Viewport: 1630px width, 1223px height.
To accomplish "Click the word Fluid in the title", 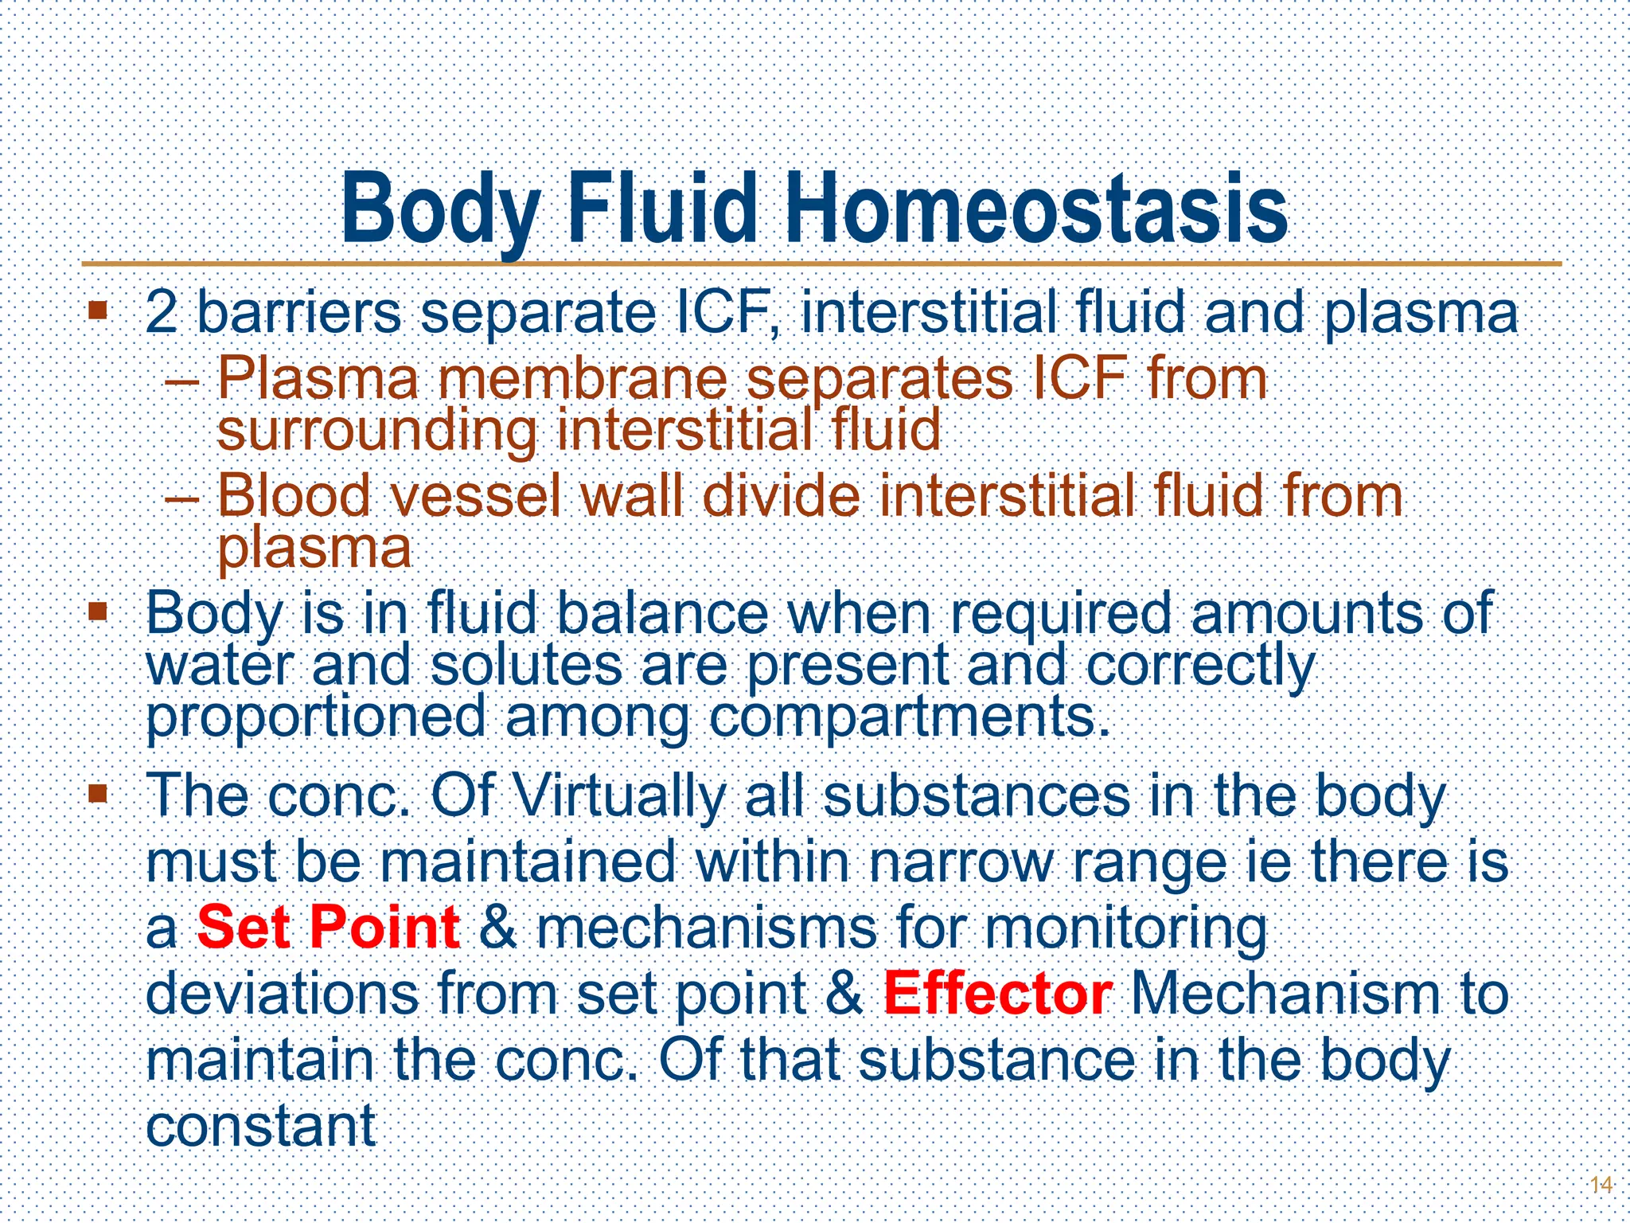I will click(x=661, y=209).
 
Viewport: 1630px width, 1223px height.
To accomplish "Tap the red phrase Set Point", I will click(x=328, y=928).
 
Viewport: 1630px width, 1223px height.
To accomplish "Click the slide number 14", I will click(x=1601, y=1185).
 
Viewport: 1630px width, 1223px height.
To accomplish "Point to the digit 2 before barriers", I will click(x=162, y=312).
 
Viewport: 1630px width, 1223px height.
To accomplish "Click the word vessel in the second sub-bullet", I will click(x=476, y=496).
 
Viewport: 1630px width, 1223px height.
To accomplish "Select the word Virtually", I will click(x=619, y=795).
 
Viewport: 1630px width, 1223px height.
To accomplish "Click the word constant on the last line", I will click(x=261, y=1126).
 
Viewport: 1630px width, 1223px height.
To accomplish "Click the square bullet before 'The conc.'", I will click(x=98, y=793).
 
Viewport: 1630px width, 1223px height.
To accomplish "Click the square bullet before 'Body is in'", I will click(x=98, y=611).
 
